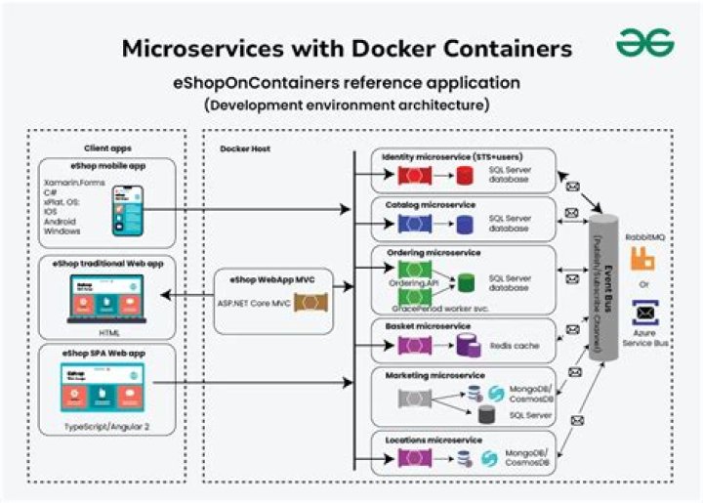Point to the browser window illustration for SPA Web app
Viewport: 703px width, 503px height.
[103, 385]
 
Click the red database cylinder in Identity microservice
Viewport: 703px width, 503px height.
[465, 177]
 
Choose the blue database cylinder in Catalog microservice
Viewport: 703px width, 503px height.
[465, 225]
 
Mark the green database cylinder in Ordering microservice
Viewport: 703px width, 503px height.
[466, 282]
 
